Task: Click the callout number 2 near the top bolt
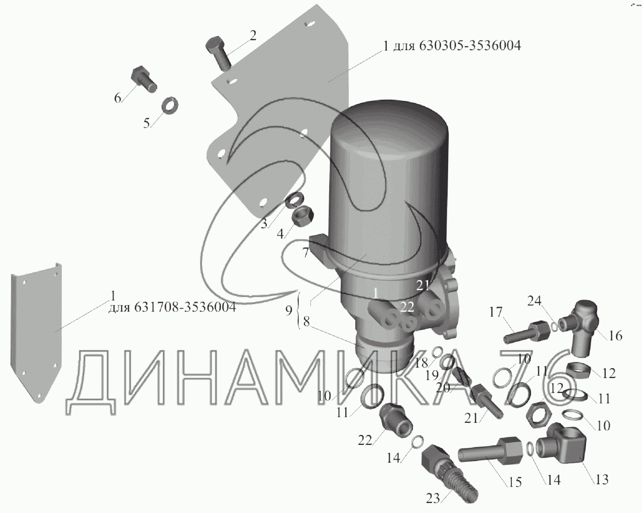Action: [x=253, y=36]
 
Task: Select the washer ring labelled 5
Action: [x=170, y=105]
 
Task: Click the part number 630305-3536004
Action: [x=470, y=46]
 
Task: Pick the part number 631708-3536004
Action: [x=185, y=307]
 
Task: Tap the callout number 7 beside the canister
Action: [x=305, y=252]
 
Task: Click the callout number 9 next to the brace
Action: [x=288, y=311]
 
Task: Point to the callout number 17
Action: [x=496, y=313]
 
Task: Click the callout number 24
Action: [x=534, y=301]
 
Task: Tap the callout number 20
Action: [x=443, y=388]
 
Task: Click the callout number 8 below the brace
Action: [x=306, y=322]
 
